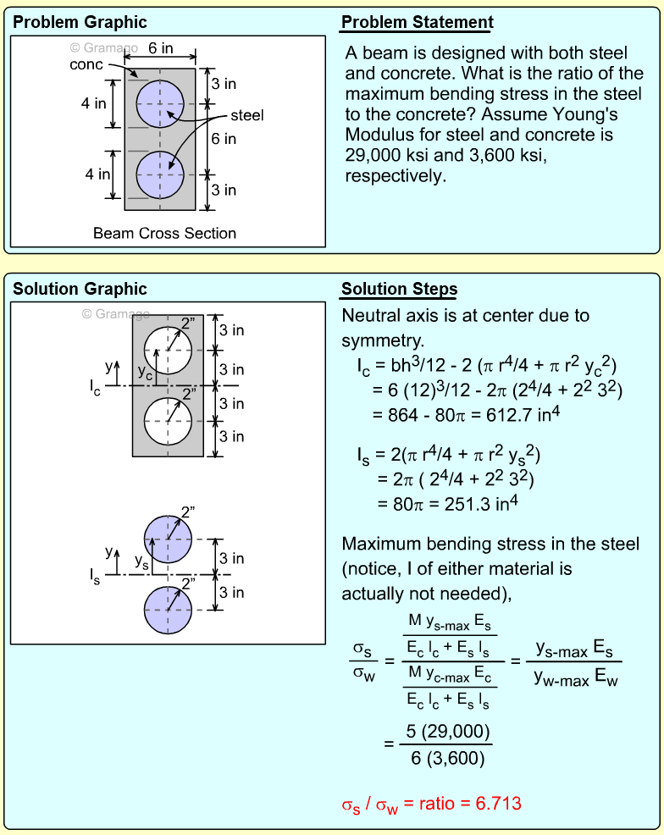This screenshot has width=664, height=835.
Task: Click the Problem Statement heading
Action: point(417,22)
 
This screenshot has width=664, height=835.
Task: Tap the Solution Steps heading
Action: point(399,290)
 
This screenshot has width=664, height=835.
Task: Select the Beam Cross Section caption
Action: point(164,233)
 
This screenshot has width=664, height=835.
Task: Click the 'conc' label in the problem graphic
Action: point(86,64)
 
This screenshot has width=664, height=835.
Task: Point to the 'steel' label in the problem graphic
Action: point(246,115)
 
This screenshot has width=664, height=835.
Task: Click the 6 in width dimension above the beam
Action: point(160,48)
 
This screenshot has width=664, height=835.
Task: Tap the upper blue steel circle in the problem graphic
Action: point(160,103)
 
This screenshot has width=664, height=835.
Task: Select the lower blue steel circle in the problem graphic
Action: point(160,174)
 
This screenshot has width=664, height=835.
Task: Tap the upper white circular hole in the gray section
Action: point(168,350)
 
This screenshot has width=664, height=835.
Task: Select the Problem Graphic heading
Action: point(80,22)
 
